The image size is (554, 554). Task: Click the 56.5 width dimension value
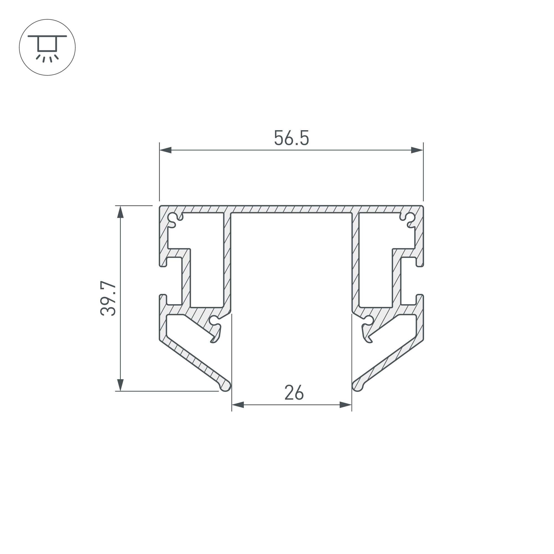tap(291, 138)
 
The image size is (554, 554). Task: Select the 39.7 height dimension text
tap(108, 299)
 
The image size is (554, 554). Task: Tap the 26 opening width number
tap(294, 392)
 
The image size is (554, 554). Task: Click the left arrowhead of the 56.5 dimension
tap(165, 150)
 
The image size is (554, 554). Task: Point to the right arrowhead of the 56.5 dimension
tap(417, 150)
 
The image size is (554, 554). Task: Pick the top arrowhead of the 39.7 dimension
tap(120, 212)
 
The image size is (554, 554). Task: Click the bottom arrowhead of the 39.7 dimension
tap(120, 385)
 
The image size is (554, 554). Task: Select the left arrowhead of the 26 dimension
tap(238, 405)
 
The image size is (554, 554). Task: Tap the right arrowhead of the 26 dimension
tap(345, 405)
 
